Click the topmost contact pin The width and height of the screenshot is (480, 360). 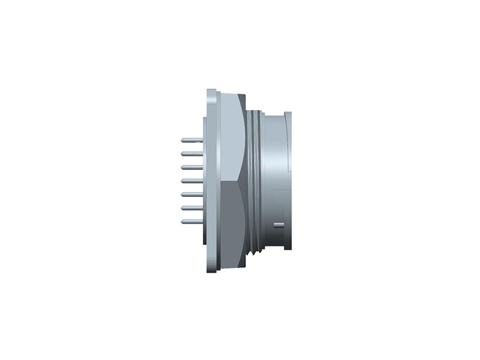(191, 140)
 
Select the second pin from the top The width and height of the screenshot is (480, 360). (191, 154)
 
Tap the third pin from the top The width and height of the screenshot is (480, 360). (191, 167)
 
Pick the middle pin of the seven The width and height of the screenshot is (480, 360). (191, 181)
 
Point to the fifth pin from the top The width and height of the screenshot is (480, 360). (191, 194)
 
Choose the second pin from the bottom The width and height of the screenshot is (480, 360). (191, 208)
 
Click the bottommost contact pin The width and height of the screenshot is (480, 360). (191, 221)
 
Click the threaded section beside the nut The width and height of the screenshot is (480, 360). (255, 180)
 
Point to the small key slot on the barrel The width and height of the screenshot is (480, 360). (278, 225)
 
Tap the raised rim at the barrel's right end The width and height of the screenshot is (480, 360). (289, 180)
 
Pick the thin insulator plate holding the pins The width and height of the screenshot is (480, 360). (205, 180)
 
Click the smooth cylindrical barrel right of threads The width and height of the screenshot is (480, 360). (273, 156)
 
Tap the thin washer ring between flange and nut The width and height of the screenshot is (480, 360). (219, 180)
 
